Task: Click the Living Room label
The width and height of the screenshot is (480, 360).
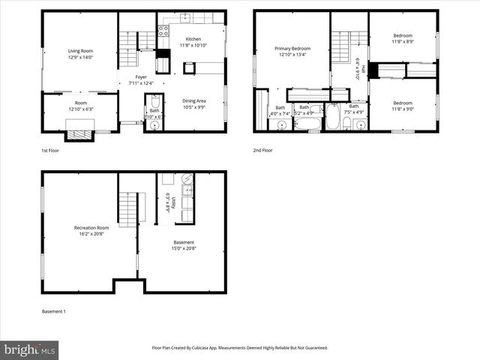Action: (79, 51)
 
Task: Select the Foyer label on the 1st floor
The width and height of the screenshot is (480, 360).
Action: (141, 77)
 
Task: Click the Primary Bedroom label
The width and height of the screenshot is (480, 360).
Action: (292, 49)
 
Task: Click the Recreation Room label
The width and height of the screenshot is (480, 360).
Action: (91, 228)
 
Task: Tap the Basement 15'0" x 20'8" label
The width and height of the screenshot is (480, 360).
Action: (184, 243)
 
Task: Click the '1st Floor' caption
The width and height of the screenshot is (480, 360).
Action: (51, 151)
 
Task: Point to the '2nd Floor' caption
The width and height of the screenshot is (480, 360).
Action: (264, 151)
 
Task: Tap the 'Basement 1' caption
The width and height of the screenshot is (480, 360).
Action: (53, 311)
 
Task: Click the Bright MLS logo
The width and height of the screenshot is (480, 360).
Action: (30, 349)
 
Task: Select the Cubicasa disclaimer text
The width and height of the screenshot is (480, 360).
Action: (240, 348)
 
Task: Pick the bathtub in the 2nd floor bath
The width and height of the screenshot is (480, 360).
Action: (331, 117)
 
